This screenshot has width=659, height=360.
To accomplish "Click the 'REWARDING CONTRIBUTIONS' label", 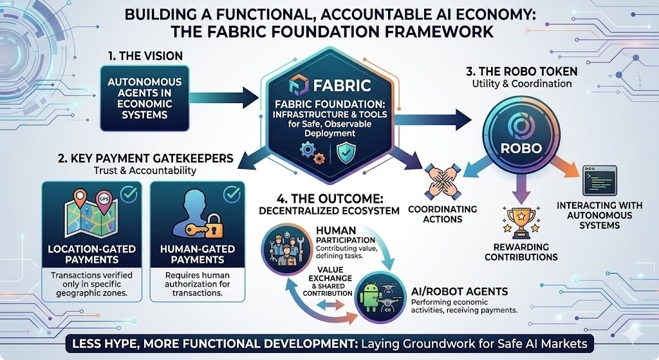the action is [x=521, y=252].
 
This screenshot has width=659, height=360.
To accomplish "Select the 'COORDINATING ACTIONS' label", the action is [x=442, y=214].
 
